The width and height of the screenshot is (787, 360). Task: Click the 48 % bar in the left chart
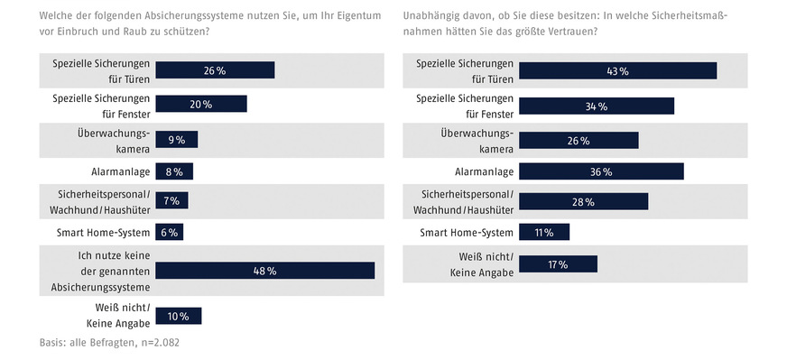coord(264,271)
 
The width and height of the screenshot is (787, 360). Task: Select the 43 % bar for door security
coord(617,70)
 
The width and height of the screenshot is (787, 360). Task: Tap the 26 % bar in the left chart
coord(215,70)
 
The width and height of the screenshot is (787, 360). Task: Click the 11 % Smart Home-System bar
coord(544,233)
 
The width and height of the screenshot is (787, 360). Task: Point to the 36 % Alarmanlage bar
coord(601,171)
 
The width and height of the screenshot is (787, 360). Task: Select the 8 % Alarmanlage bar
coord(174,171)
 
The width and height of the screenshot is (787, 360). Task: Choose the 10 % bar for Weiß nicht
coord(179,316)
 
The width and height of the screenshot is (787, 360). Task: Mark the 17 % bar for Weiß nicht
coord(558,263)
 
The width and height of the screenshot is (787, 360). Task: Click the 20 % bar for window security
coord(201,105)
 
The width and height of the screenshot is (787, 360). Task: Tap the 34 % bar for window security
coord(597,105)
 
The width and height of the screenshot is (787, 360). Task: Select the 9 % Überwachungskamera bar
coord(176,140)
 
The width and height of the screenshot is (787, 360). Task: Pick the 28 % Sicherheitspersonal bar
coord(583,201)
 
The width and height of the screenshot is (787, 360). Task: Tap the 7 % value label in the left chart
coord(171,201)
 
